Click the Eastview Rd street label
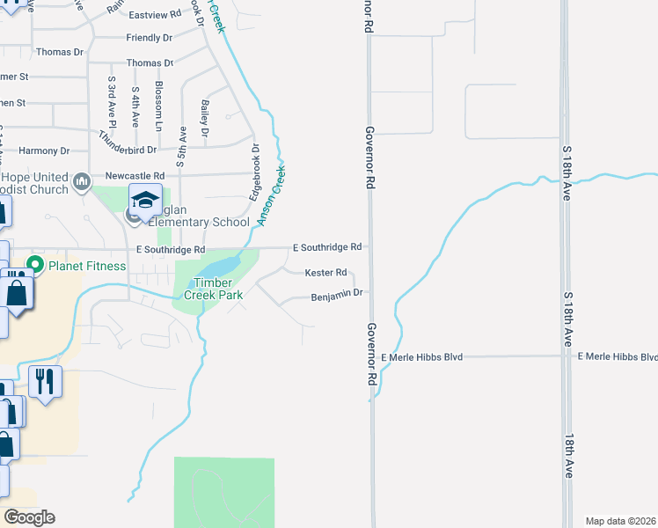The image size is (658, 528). coord(154,16)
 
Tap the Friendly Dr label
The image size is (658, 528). coord(149,38)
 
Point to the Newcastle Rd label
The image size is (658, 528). coord(135,176)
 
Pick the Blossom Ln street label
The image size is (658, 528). coord(159,110)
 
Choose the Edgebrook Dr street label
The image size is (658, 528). coord(255,172)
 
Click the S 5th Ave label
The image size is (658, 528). coord(182,146)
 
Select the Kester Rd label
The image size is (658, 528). coord(325,273)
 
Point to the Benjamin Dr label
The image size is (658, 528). coord(337,297)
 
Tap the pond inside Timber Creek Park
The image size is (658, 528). coord(220,266)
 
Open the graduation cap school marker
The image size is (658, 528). coord(145,199)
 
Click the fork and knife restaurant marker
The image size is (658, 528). coord(44,381)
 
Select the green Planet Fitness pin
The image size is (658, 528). coord(36,264)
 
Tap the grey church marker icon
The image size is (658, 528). coord(81,182)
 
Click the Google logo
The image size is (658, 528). coord(29,517)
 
